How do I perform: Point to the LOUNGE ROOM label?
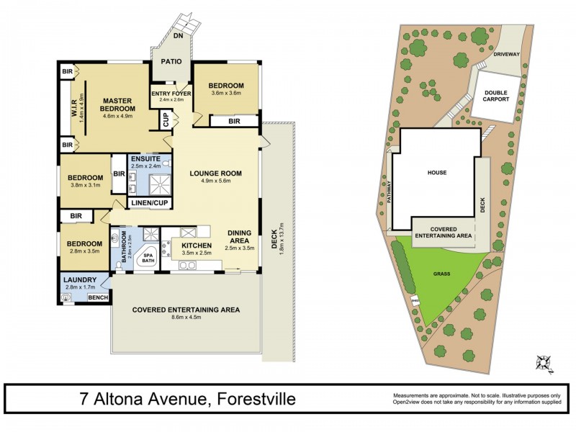215,174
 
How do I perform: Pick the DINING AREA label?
240,237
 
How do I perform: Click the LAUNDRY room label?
76,281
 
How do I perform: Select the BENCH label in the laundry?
96,297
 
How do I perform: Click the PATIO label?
171,62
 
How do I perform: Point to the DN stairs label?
178,34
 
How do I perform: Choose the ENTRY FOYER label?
171,93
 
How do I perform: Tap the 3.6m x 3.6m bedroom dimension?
226,94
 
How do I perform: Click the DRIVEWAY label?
507,54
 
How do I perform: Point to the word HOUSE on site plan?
437,173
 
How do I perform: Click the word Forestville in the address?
241,399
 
